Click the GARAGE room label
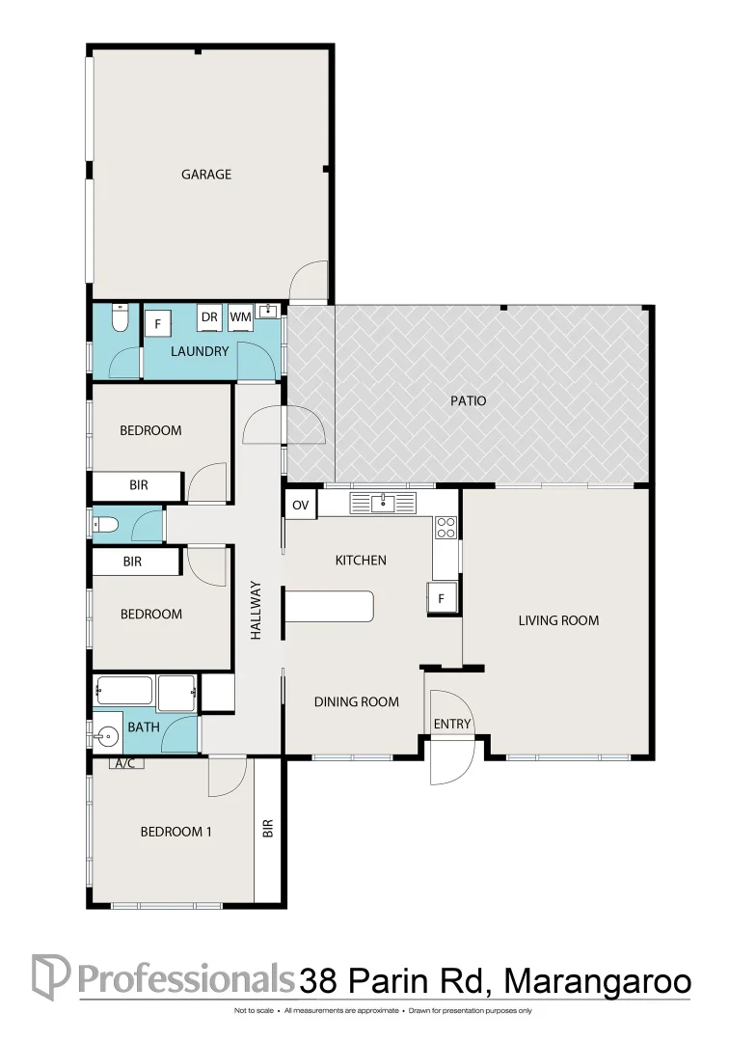coord(206,175)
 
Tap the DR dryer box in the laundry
coord(209,317)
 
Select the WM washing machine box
coord(240,317)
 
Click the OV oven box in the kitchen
coord(300,505)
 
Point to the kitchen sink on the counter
coord(384,502)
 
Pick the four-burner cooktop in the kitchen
coord(445,527)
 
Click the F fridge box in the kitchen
coord(442,598)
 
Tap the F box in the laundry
coord(157,323)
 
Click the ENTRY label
coord(452,725)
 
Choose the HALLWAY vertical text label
coord(256,610)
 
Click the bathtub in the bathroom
coord(125,691)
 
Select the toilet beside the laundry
coord(119,318)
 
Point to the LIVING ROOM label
coord(558,620)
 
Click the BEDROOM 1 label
coord(175,832)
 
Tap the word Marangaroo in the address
coord(598,981)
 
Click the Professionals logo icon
coord(50,976)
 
